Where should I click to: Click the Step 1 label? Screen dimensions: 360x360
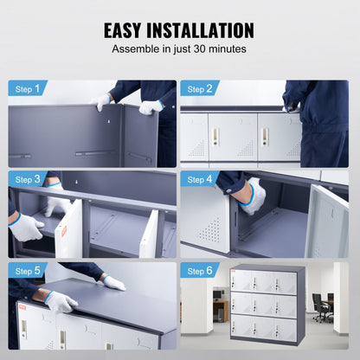click(28, 88)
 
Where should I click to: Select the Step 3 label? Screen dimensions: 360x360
click(28, 179)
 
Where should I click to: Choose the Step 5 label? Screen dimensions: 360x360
click(28, 270)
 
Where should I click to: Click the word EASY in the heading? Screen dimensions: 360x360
click(129, 30)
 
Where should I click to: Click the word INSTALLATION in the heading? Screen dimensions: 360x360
click(207, 30)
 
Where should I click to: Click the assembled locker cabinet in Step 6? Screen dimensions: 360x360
click(267, 305)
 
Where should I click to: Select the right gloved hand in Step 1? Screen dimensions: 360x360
click(151, 106)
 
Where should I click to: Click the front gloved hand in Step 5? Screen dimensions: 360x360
click(60, 301)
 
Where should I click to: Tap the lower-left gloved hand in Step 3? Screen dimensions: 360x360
click(26, 228)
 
